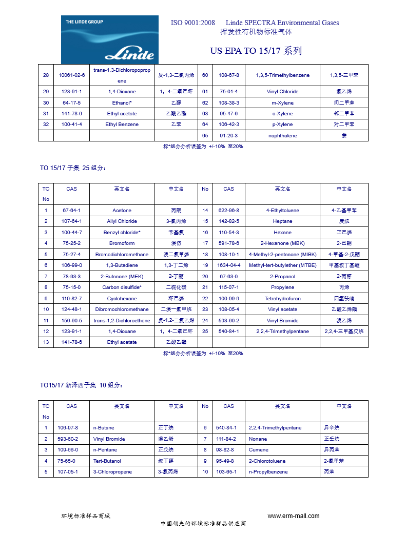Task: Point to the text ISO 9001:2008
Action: (x=192, y=23)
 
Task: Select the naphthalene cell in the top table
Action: (x=282, y=136)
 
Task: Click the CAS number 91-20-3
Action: (x=228, y=136)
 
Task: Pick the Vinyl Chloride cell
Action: (x=282, y=92)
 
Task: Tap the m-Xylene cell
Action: (x=282, y=102)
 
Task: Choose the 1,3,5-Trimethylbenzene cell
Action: (x=282, y=75)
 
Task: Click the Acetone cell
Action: (x=122, y=211)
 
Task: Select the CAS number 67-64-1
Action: (x=71, y=211)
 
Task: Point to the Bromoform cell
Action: (x=122, y=243)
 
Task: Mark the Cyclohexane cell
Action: (x=122, y=298)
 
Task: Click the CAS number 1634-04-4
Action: (x=228, y=265)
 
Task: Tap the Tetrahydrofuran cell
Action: (x=282, y=298)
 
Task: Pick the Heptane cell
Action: (x=282, y=221)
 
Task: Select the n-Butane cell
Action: (x=104, y=428)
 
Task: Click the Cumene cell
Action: (x=258, y=450)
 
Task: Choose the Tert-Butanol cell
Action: (x=107, y=461)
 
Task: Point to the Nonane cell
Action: (x=258, y=439)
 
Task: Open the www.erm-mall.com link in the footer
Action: (x=293, y=516)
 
